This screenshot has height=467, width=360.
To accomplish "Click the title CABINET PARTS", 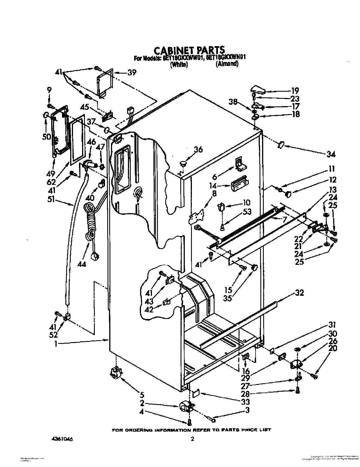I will [x=189, y=50].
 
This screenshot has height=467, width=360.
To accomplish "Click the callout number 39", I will [x=132, y=72].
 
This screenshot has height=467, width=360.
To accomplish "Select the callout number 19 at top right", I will [x=295, y=91].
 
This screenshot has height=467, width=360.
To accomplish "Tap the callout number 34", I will [x=331, y=154].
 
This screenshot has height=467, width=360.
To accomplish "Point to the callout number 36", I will [x=198, y=150].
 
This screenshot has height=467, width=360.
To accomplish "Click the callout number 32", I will [x=299, y=293].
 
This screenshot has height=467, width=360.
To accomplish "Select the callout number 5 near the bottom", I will [x=142, y=394].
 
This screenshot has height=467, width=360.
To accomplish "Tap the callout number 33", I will [x=246, y=402].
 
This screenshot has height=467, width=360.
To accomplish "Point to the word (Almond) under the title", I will [x=227, y=64].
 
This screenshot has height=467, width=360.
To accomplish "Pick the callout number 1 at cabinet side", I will [x=56, y=344].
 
